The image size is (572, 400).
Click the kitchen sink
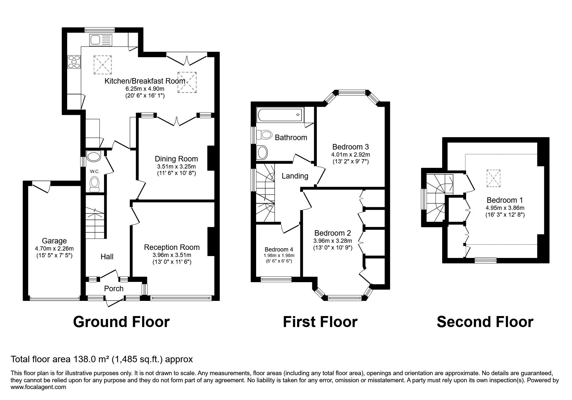point(101,40)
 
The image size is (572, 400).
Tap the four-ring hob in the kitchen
point(74,62)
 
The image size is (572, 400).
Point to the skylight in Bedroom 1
point(493,178)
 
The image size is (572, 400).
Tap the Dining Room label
point(176,159)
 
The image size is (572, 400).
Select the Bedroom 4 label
point(279,250)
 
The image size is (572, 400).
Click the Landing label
point(295,176)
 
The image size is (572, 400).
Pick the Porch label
point(114,289)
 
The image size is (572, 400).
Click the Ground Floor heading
point(121,322)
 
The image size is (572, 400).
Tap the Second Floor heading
point(485,322)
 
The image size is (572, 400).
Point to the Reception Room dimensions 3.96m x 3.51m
point(172,255)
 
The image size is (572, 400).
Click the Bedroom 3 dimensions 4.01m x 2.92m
point(350,155)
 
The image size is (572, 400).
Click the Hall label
point(107,257)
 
